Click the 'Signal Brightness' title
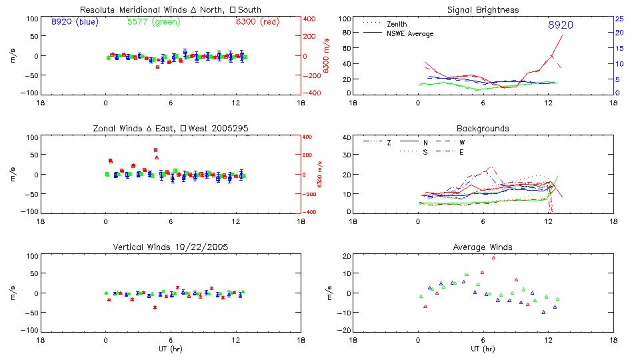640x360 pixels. point(483,10)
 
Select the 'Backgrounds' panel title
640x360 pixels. point(483,128)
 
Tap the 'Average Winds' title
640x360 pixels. point(483,247)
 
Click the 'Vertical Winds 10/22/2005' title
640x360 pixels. point(171,247)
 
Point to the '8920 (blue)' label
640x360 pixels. point(74,21)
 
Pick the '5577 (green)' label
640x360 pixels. point(153,21)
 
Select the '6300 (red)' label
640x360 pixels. point(257,21)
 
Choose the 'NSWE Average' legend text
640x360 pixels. point(410,33)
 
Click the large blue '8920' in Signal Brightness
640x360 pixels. point(561,25)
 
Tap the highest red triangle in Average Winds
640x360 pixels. point(494,257)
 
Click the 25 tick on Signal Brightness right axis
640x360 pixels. point(619,19)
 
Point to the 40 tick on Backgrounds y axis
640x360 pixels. point(346,138)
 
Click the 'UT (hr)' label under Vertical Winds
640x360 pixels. point(171,349)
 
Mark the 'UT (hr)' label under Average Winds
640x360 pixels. point(483,349)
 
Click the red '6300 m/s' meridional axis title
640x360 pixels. point(327,56)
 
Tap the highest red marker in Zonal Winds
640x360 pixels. point(156,150)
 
